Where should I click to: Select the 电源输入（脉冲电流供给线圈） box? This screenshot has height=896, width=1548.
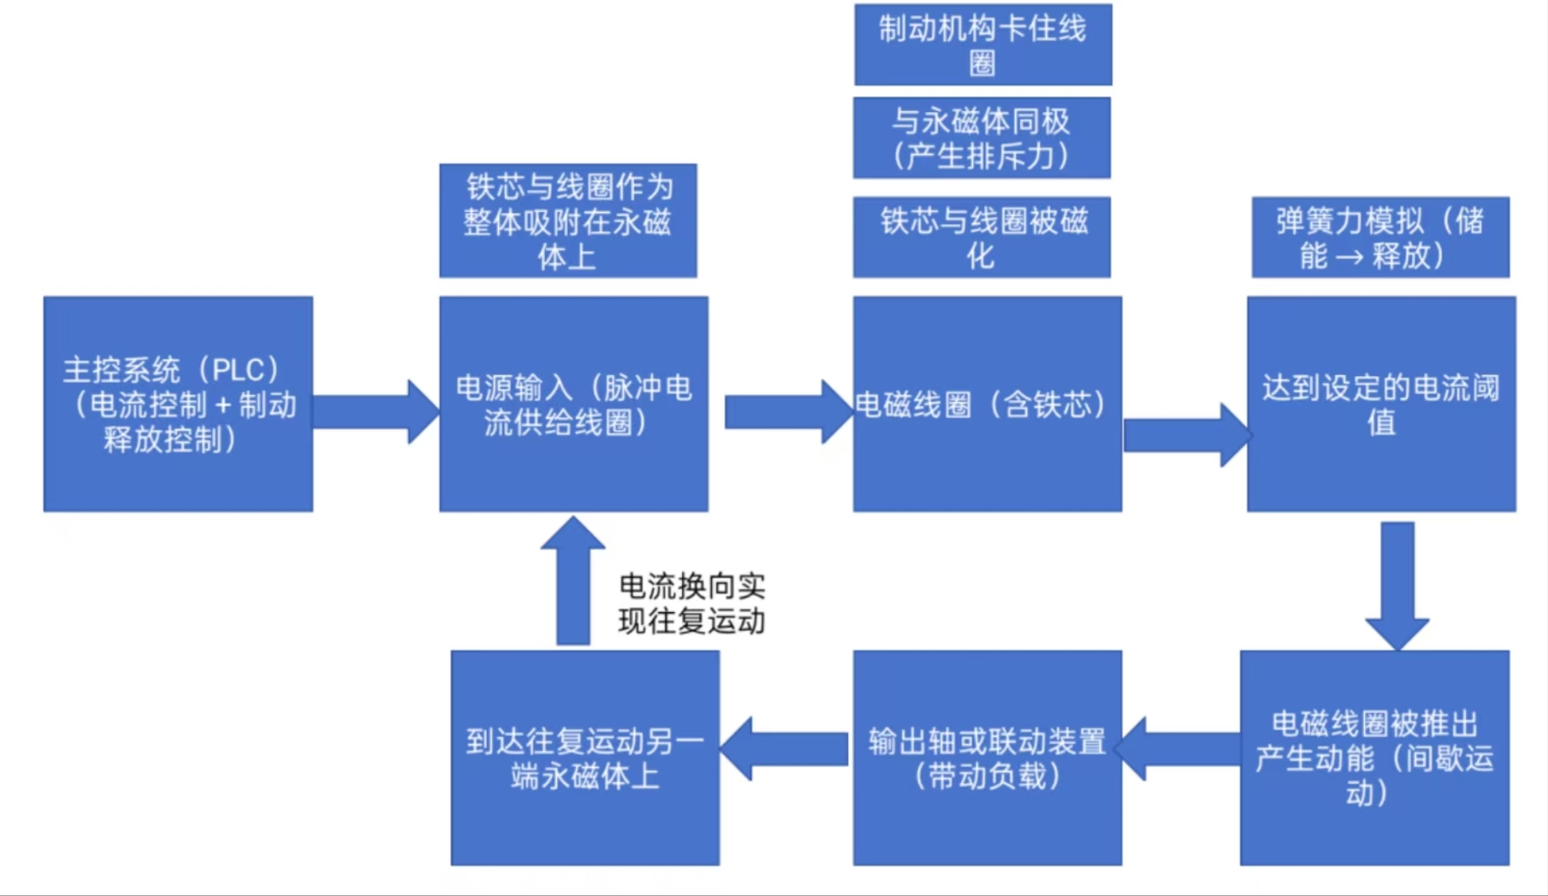point(573,404)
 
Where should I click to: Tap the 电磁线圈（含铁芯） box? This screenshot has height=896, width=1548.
point(987,404)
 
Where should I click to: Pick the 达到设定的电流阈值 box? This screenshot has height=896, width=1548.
point(1380,404)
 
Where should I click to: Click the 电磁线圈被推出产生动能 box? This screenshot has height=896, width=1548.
point(1374,757)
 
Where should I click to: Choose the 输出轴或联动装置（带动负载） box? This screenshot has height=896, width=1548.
point(987,757)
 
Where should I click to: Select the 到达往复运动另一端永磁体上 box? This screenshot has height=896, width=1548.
point(585,757)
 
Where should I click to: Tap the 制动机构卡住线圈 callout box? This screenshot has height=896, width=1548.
point(983,44)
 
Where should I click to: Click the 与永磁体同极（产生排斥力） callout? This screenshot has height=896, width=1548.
point(981,138)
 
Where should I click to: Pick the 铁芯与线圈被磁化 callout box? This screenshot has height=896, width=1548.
point(981,237)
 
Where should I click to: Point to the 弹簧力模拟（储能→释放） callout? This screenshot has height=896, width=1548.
point(1379,237)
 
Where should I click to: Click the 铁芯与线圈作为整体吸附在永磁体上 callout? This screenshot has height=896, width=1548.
point(568,221)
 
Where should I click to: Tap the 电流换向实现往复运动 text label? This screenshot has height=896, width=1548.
point(691,603)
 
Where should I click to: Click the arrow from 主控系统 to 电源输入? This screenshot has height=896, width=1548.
point(375,411)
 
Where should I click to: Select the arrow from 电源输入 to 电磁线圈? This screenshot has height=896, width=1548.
point(786,411)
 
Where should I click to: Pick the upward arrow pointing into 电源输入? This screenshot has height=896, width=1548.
point(572,581)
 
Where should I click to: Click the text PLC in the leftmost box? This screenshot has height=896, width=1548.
point(239,370)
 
